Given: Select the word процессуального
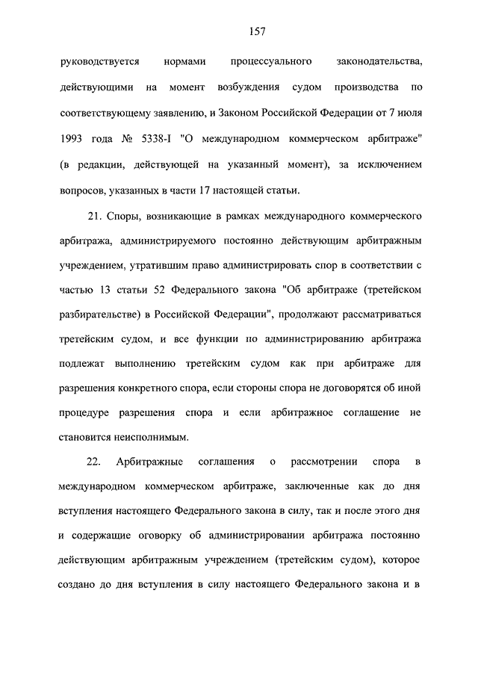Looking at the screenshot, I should pyautogui.click(x=271, y=61).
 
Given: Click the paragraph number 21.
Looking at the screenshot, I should pyautogui.click(x=94, y=217).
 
